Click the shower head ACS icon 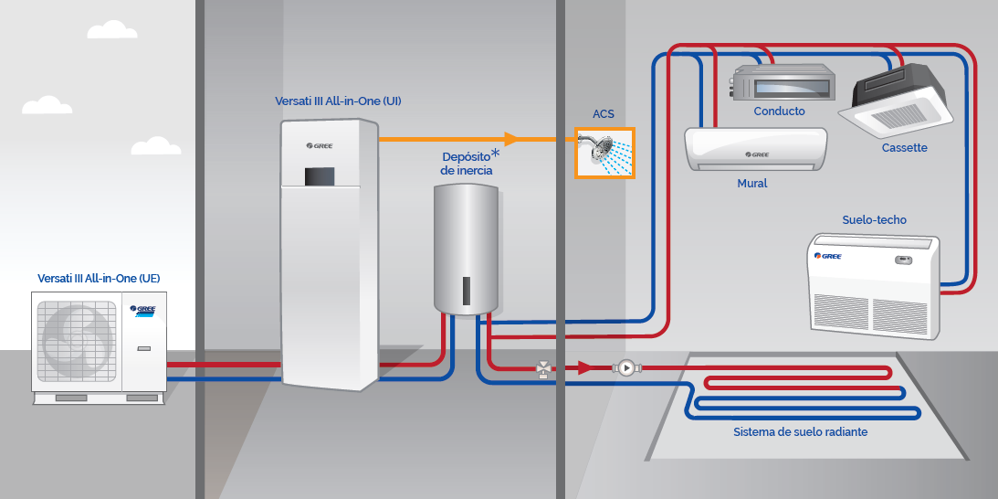(604, 153)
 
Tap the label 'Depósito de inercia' (467, 163)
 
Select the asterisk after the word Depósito (496, 153)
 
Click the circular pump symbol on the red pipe (626, 368)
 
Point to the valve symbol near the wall (544, 369)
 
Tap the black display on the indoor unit (317, 175)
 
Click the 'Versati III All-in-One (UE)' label (105, 278)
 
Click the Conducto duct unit (783, 81)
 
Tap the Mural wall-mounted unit (755, 149)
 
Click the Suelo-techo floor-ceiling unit (873, 284)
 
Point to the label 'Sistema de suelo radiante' (801, 431)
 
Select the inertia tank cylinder (465, 247)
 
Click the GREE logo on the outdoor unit (142, 310)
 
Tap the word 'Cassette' (904, 148)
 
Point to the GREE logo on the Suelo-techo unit (830, 255)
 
